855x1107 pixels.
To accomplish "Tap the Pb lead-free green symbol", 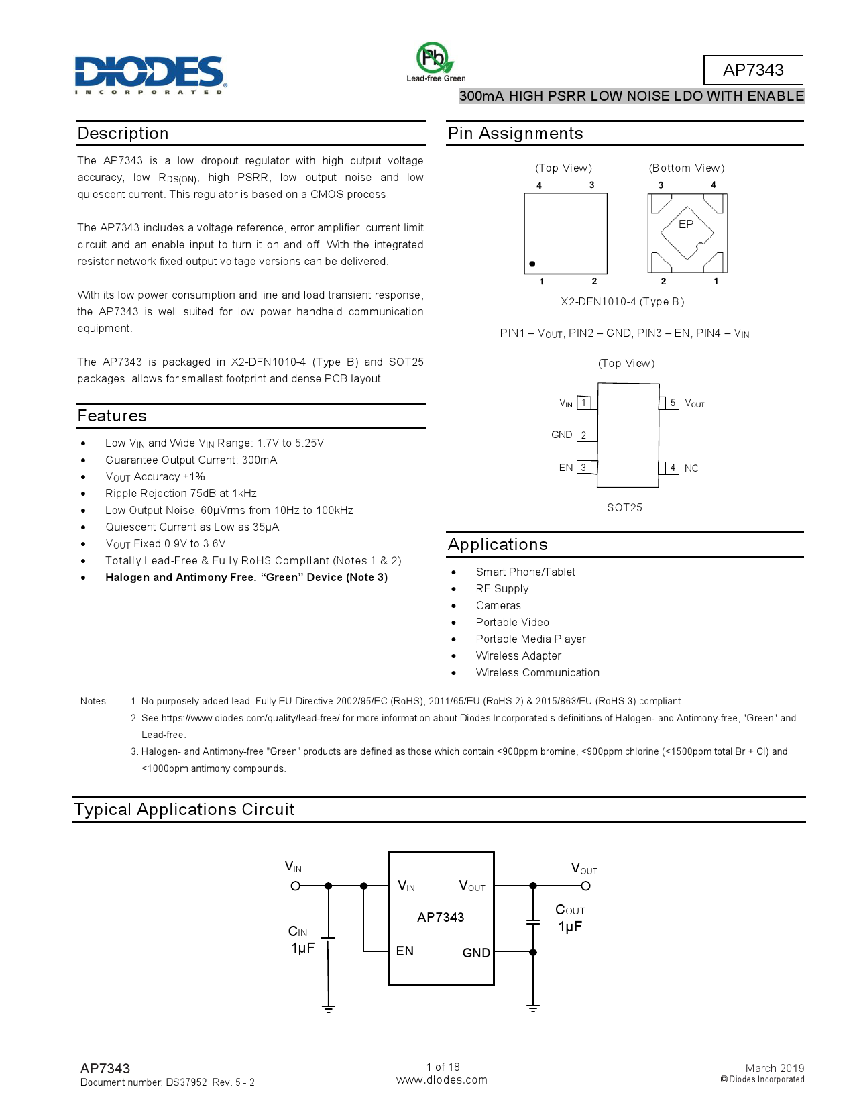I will click(x=433, y=58).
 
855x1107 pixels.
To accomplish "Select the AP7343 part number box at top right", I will click(x=752, y=70).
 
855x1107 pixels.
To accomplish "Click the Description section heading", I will click(x=123, y=134).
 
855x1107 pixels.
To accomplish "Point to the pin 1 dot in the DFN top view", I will click(x=532, y=264).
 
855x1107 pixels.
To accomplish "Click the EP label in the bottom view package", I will click(x=685, y=225).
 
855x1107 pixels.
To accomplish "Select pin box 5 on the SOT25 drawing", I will click(x=672, y=403).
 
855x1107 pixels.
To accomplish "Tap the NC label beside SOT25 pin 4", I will click(x=691, y=468).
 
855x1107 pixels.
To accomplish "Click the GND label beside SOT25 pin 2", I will click(x=561, y=435).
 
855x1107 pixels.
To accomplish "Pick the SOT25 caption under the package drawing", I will click(x=624, y=507).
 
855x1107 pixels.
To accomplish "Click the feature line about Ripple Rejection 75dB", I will click(x=181, y=493).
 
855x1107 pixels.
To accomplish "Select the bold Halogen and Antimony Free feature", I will click(x=246, y=577).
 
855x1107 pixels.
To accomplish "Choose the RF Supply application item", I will click(x=502, y=588).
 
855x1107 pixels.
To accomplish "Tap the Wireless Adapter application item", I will click(x=518, y=655).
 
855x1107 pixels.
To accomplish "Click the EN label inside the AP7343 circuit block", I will click(x=404, y=951).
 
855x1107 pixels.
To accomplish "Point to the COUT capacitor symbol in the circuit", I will click(x=533, y=922).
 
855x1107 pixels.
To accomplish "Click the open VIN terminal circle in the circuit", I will click(x=295, y=886).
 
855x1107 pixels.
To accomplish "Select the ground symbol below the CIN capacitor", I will click(x=328, y=1008).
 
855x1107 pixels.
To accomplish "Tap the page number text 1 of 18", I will click(x=443, y=1067).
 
